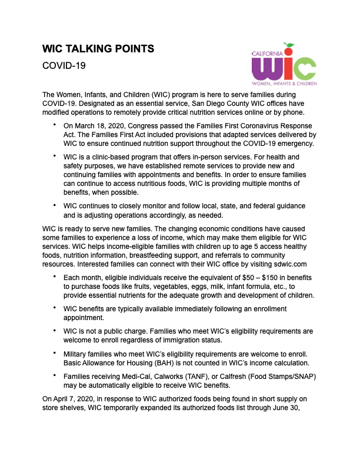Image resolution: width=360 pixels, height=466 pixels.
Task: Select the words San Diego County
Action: pyautogui.click(x=180, y=103)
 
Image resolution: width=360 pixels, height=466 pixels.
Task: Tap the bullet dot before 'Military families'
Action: pyautogui.click(x=55, y=354)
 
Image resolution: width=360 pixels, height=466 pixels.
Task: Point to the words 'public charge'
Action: pyautogui.click(x=126, y=331)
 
